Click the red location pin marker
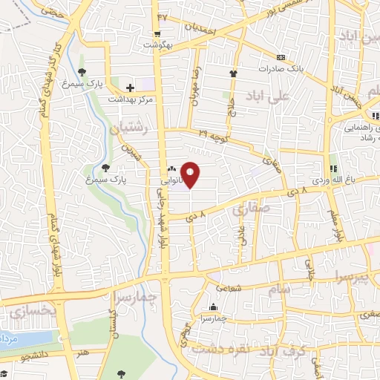click(191, 175)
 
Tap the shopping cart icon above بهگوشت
click(157, 35)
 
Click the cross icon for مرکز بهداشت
click(131, 88)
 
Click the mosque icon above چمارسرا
click(214, 307)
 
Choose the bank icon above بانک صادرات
click(281, 57)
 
